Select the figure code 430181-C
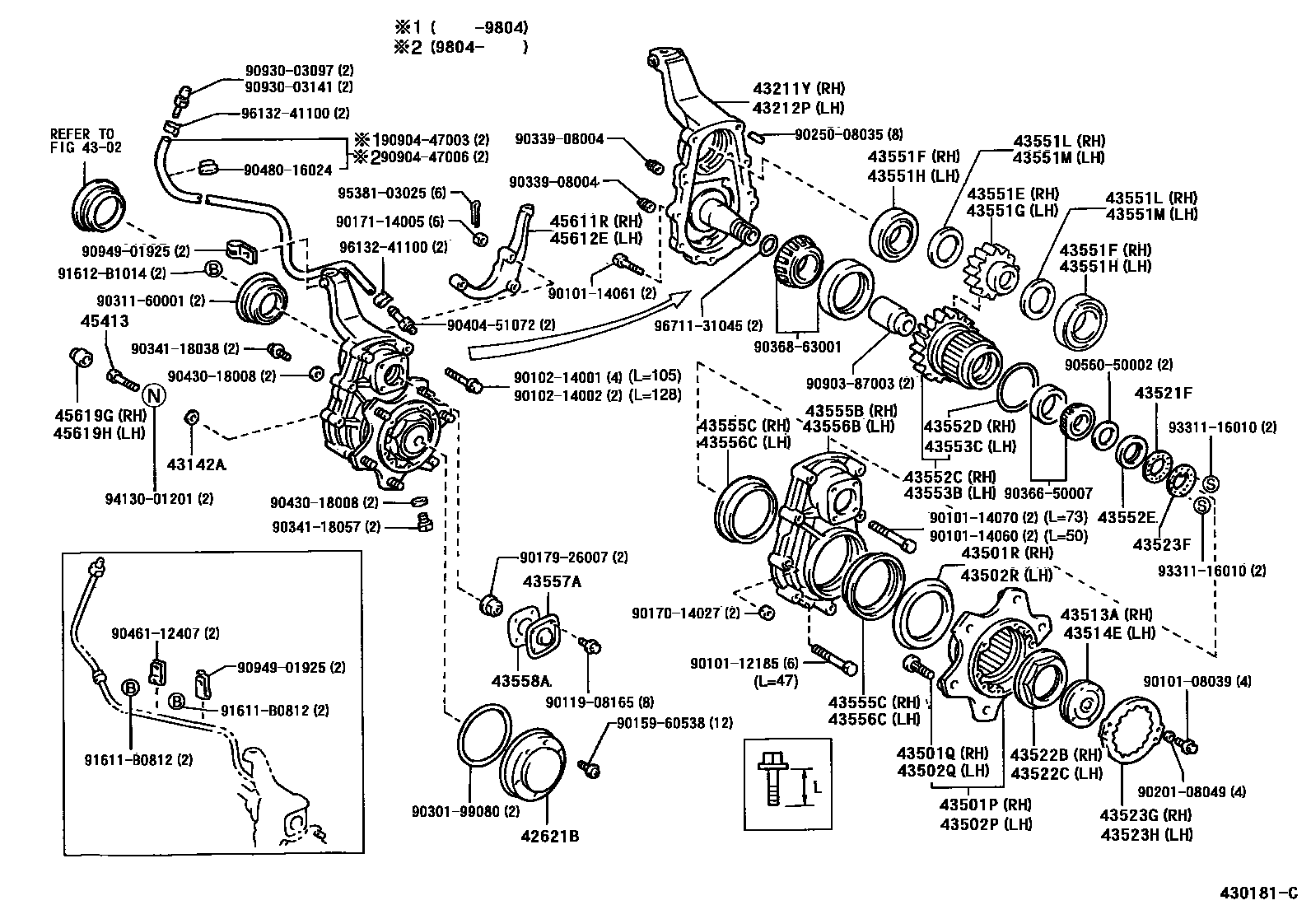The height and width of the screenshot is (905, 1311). (1257, 893)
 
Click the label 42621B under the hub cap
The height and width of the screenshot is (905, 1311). (549, 837)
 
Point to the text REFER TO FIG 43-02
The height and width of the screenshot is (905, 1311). (82, 141)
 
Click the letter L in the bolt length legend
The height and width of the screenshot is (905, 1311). (817, 787)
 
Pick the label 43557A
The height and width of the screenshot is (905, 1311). (551, 581)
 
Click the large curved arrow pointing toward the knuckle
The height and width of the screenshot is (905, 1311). (576, 325)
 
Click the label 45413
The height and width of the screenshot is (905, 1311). (105, 321)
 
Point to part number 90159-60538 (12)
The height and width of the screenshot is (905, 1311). (673, 723)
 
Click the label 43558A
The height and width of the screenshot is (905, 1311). (521, 680)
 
